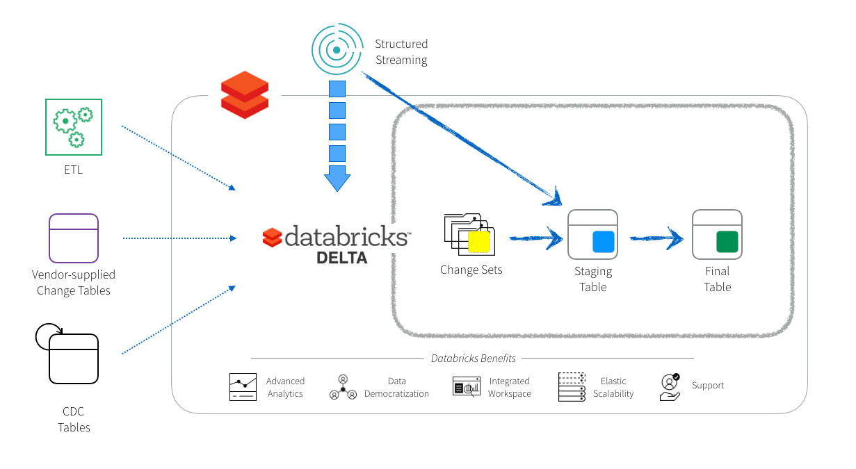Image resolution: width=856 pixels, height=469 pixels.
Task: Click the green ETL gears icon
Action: [x=74, y=126]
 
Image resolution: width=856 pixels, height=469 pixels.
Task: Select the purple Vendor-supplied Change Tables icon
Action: [x=74, y=238]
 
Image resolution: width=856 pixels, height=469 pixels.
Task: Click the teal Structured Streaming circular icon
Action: [x=337, y=50]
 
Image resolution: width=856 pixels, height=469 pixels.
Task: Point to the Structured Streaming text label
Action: [x=401, y=52]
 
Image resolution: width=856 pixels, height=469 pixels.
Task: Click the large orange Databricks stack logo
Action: [x=244, y=95]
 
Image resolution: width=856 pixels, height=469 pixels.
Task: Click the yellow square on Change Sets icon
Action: [x=479, y=241]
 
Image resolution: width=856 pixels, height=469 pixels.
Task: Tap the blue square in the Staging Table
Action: [x=604, y=242]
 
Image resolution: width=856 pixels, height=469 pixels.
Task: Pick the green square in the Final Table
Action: [x=727, y=242]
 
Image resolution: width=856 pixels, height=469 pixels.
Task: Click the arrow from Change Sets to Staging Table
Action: [x=535, y=238]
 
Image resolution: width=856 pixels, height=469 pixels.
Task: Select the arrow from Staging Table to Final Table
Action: [x=656, y=238]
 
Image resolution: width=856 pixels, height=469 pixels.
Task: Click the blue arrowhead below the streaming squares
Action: [x=337, y=179]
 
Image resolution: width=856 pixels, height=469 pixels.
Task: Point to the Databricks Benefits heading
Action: [x=473, y=359]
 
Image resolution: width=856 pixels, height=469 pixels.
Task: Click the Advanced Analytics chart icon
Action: [x=243, y=387]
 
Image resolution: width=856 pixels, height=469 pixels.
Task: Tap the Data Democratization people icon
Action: [x=342, y=388]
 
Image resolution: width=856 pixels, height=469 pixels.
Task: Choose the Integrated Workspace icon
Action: [x=466, y=387]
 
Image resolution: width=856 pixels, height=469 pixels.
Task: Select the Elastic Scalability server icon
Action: [x=571, y=387]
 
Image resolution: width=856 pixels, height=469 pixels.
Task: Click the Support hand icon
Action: [x=669, y=387]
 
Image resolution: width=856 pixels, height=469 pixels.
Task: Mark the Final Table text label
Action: [x=717, y=279]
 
